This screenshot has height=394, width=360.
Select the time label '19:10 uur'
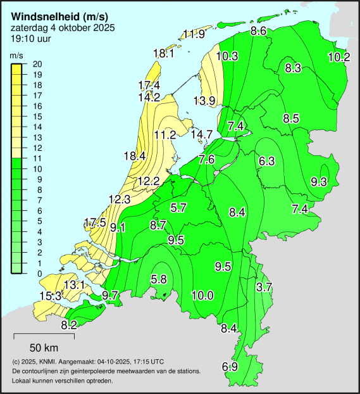point(31,39)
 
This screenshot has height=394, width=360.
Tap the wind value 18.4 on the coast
point(135,156)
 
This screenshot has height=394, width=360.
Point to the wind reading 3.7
point(263,287)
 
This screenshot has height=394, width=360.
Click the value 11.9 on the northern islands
point(194,34)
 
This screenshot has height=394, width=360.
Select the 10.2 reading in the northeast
point(339,56)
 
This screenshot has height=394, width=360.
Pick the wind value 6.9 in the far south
point(230,367)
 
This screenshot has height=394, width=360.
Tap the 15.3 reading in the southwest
point(51,296)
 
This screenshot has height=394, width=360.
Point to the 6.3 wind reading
point(266,161)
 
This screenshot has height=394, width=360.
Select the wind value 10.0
point(202,295)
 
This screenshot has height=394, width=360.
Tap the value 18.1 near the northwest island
point(164,54)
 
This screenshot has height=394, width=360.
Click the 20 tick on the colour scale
point(37,64)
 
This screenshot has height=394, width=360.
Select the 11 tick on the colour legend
point(37,158)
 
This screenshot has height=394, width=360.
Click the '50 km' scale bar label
point(44,347)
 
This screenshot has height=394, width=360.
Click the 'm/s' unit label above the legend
point(17,56)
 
